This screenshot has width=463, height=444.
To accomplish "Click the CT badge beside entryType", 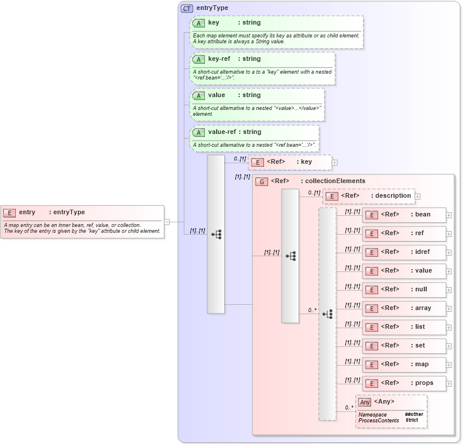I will (187, 8).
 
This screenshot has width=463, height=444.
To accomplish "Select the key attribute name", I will (214, 23).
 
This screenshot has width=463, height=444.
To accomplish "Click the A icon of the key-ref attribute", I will (198, 59).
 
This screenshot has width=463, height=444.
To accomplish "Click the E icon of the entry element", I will (9, 212).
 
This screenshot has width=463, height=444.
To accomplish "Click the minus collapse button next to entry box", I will (167, 222).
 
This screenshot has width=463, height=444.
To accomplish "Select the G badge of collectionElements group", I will (261, 181).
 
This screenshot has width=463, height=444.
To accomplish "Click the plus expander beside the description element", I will (418, 196).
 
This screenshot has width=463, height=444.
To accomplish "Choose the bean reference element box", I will (404, 215).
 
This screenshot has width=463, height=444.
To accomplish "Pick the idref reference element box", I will (404, 252).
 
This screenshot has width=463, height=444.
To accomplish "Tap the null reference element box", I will (404, 290).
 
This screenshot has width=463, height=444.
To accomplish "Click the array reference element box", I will (404, 308).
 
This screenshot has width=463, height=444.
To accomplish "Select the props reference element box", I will (404, 383).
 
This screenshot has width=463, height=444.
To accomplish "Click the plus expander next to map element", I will (449, 364).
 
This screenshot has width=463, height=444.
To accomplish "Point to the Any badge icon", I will (365, 402).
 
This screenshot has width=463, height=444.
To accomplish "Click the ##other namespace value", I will (414, 414).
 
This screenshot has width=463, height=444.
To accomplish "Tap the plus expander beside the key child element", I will (335, 162).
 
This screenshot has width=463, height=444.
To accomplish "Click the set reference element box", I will (404, 346).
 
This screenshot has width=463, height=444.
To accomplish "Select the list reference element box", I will (404, 327).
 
